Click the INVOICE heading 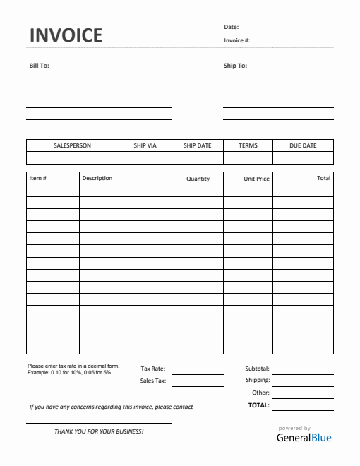66,35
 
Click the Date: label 232,27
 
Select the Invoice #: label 237,40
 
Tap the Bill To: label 39,66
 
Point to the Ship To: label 235,66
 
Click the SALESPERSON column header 72,145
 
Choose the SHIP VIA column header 145,145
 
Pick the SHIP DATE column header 197,145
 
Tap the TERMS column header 248,145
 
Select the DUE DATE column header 303,145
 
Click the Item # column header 38,178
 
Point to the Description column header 97,178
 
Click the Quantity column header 198,179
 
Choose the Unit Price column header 256,179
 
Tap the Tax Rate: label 153,369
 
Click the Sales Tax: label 153,381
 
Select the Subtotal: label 257,369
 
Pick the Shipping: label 258,380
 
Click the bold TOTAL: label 258,405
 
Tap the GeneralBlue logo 304,437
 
